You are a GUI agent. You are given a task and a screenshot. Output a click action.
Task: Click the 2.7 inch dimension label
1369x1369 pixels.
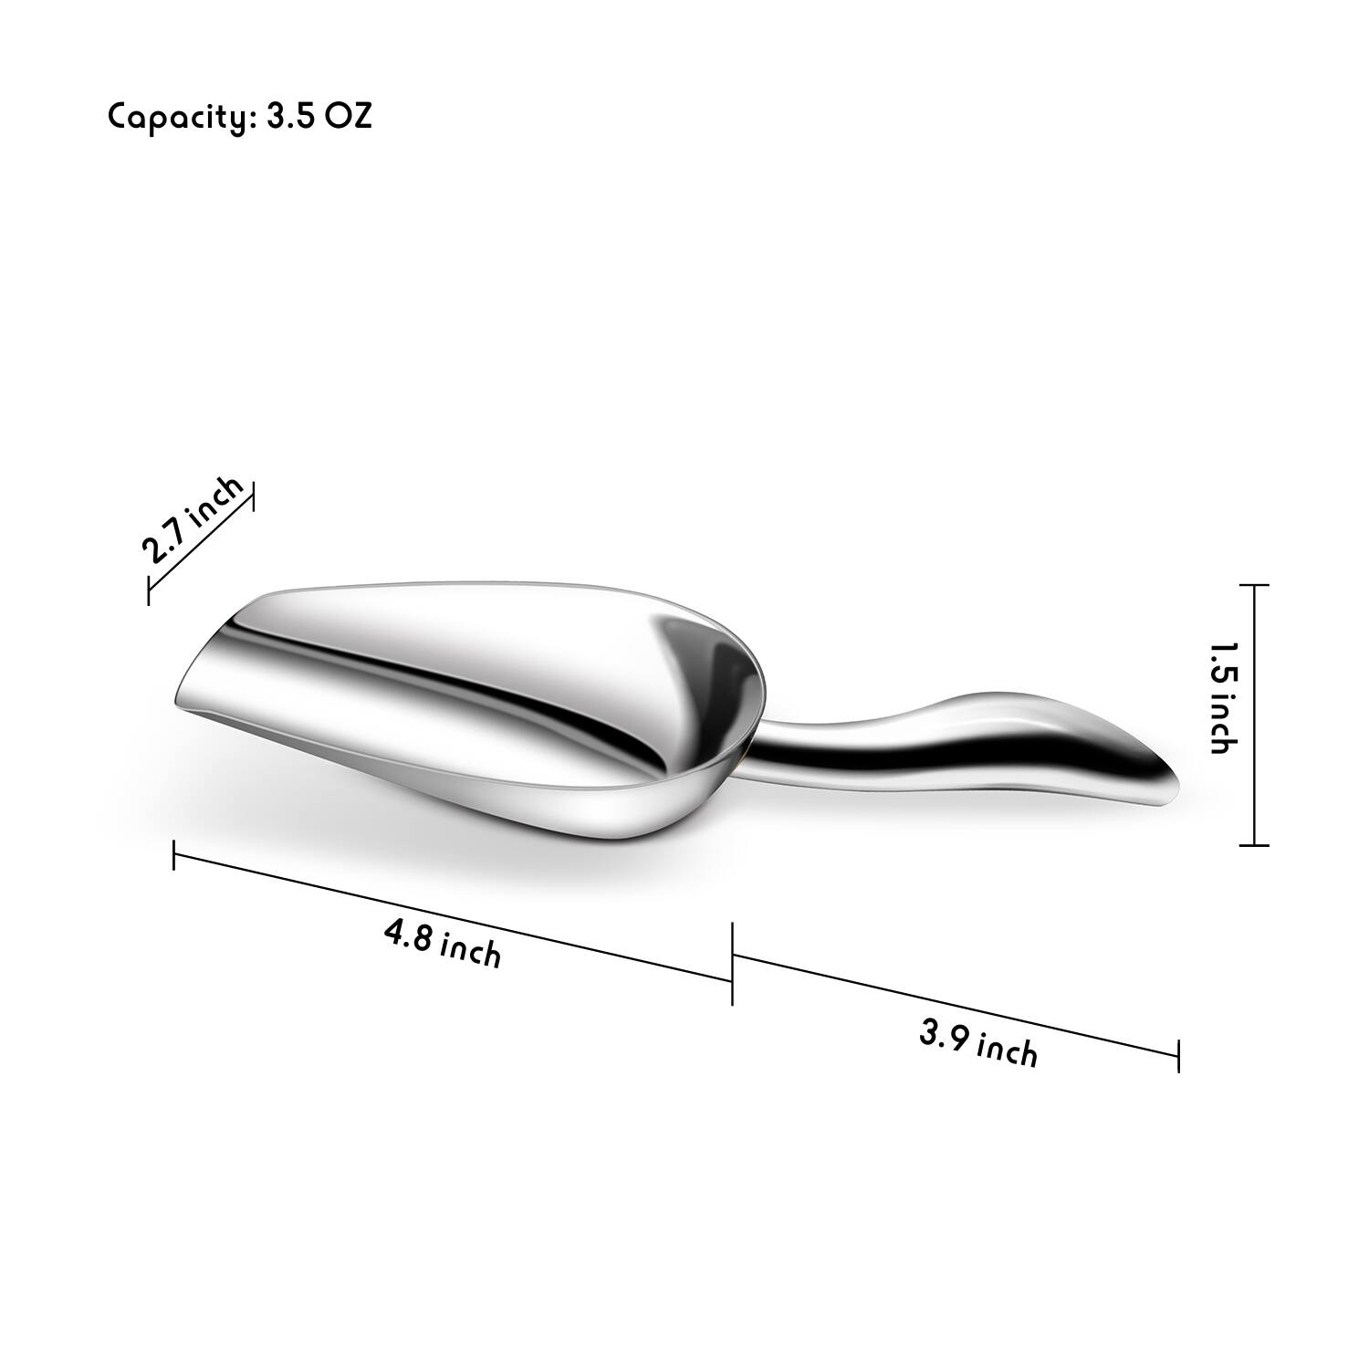coord(193,520)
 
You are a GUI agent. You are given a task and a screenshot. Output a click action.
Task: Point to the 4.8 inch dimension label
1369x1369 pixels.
coord(443,944)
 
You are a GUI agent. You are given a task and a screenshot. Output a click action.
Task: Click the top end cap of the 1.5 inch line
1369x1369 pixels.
coord(1255,585)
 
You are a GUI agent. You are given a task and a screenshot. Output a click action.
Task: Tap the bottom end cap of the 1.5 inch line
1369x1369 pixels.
coord(1255,845)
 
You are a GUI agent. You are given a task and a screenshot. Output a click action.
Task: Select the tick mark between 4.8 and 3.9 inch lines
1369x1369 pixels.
coord(732,964)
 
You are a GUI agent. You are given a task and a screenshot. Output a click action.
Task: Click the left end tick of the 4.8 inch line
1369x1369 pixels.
coord(173,855)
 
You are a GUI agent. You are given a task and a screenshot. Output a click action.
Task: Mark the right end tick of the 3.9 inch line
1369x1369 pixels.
coord(1178,1056)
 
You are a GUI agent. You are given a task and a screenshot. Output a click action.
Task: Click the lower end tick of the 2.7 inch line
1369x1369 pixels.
coord(148,590)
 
